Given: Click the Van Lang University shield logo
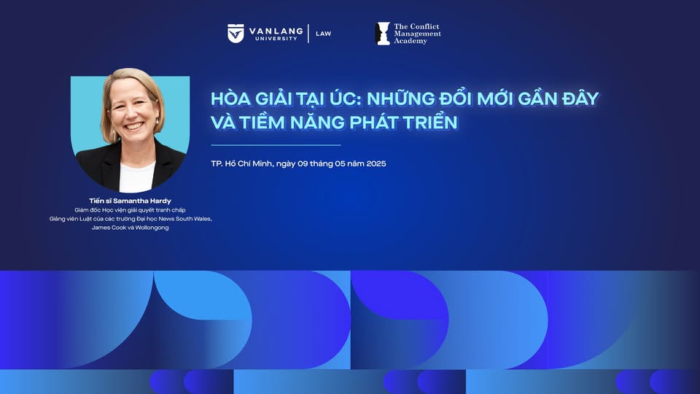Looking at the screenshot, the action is (x=236, y=34).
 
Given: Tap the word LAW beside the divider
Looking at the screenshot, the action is (x=324, y=34).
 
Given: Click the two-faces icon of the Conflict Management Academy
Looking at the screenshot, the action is (x=383, y=34).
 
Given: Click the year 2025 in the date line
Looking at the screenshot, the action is (x=376, y=163).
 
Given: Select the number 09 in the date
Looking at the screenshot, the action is (x=303, y=163).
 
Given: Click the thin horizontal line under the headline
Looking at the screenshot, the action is (x=276, y=145).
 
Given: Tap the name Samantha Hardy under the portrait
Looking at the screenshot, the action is (x=142, y=201).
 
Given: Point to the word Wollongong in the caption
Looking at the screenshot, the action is (x=152, y=228).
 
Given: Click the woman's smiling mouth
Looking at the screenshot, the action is (x=133, y=126).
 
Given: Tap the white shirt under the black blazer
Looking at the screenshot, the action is (x=136, y=177).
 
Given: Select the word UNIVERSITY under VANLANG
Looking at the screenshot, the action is (x=276, y=39).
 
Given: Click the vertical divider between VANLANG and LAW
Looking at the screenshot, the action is (x=308, y=34).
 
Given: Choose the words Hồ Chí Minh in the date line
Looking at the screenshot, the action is (x=249, y=163).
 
